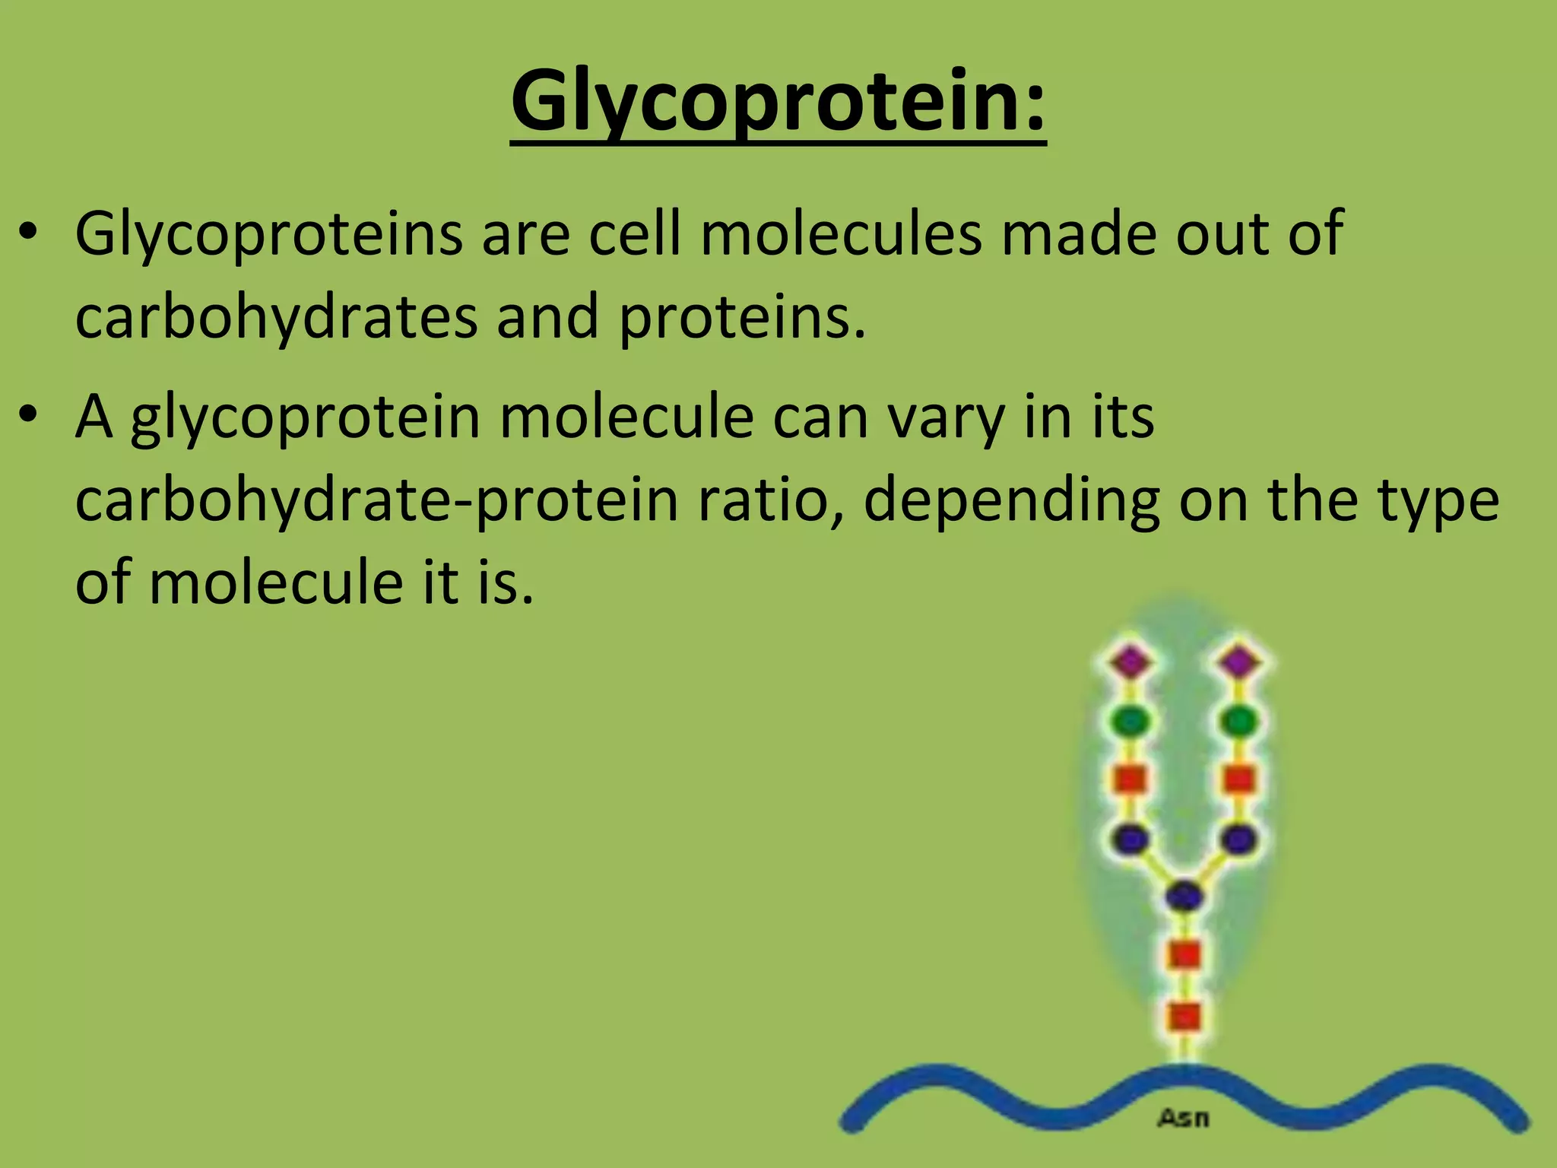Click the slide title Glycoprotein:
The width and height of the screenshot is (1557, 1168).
[778, 100]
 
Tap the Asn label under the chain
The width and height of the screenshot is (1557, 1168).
[1183, 1118]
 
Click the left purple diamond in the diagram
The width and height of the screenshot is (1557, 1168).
[1131, 661]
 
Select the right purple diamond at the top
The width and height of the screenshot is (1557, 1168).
[1240, 661]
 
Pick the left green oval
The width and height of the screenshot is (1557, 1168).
[1131, 720]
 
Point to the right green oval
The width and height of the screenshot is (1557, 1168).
[1240, 720]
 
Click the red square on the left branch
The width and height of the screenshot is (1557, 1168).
[1130, 779]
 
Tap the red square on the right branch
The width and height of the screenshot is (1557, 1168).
[1240, 779]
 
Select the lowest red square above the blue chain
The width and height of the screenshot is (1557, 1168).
[1184, 1016]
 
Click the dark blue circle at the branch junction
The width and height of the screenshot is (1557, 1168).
[1184, 896]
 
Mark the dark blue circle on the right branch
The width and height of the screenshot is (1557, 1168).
[1240, 839]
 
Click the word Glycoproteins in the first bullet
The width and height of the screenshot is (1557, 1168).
[268, 234]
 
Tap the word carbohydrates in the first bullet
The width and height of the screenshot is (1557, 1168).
[277, 316]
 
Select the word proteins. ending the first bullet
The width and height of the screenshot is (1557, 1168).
[742, 316]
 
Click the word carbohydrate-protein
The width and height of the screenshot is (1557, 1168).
[376, 500]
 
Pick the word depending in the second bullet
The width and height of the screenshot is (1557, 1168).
[1011, 500]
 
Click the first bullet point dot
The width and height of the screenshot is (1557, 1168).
[28, 233]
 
